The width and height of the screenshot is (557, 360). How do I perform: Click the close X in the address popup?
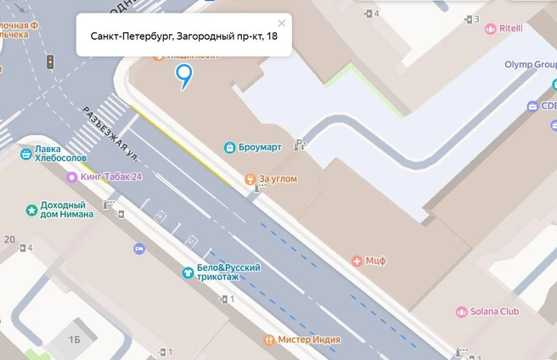(282, 24)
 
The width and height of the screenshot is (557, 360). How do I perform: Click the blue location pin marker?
(183, 76)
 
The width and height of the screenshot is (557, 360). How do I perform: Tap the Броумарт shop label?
(260, 147)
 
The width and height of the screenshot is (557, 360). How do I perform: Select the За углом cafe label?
(278, 179)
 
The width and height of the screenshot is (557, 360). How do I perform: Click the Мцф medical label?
(375, 261)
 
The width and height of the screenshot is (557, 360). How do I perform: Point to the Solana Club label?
(494, 312)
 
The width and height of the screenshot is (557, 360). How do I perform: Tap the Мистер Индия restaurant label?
(309, 340)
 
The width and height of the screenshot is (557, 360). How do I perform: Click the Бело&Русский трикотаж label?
(228, 273)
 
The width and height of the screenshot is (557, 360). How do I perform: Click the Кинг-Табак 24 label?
(110, 177)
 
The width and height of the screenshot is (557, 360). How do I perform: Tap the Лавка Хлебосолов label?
(61, 153)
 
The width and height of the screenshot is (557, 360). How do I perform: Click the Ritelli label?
(510, 28)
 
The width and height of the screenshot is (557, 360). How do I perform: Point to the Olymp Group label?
(531, 65)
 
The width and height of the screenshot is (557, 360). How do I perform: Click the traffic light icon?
(50, 62)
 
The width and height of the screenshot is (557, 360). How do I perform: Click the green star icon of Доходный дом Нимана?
(31, 210)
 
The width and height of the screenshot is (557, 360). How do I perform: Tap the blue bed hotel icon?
(138, 249)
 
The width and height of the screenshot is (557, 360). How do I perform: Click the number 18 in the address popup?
(271, 36)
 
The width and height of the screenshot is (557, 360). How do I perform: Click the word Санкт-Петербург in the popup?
(131, 36)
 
